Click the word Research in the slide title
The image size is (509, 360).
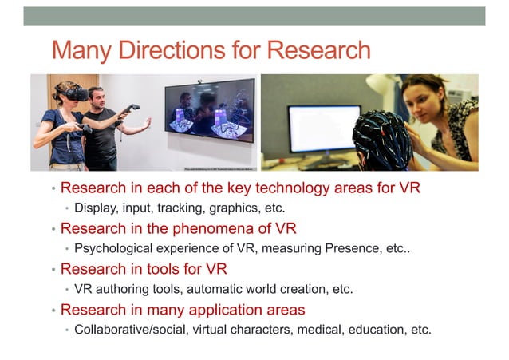(318, 50)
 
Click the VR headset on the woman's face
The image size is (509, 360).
(75, 93)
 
